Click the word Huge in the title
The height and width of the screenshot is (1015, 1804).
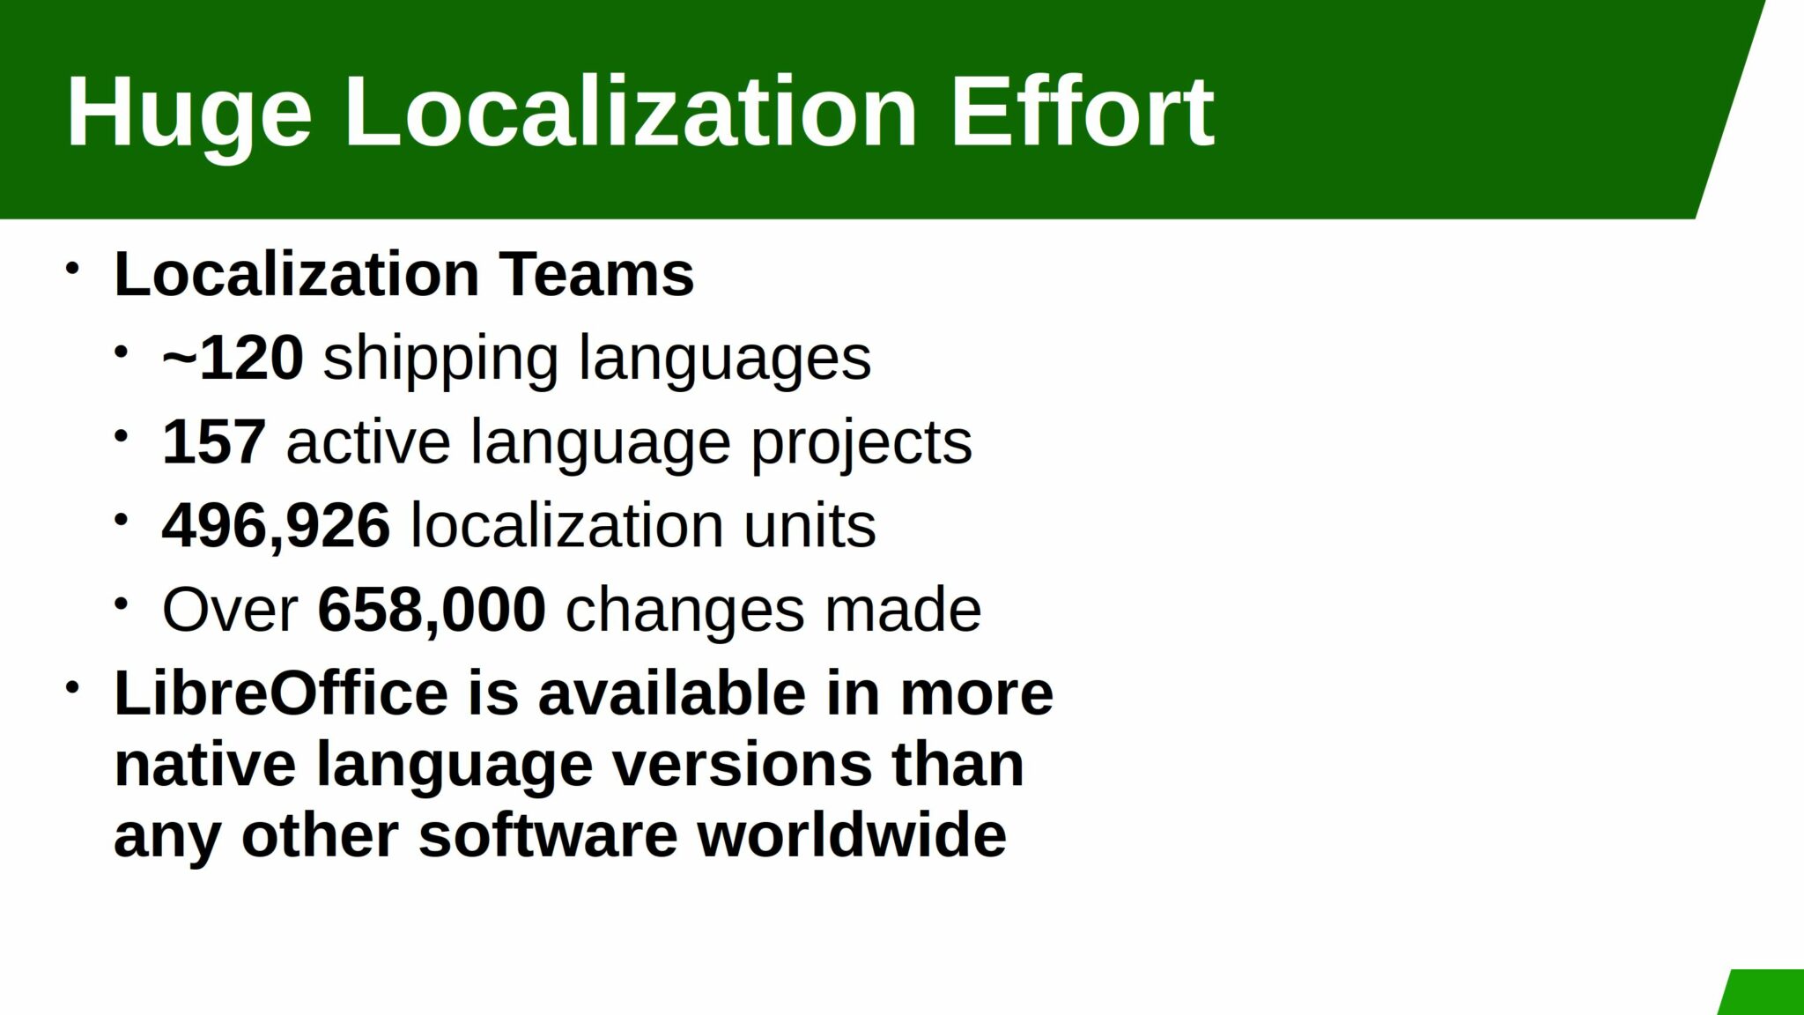[x=189, y=113]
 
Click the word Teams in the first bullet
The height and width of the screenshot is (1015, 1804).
[x=597, y=274]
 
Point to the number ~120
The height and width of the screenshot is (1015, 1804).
[x=233, y=358]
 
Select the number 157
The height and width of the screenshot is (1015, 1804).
[x=213, y=441]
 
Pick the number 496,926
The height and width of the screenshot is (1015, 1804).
[x=276, y=525]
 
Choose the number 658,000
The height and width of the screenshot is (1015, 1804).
[x=431, y=609]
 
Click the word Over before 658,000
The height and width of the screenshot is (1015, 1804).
[x=230, y=609]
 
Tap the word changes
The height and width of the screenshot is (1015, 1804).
[x=684, y=609]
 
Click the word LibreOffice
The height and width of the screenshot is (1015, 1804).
[x=281, y=693]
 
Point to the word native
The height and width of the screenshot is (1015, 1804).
[x=204, y=764]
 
